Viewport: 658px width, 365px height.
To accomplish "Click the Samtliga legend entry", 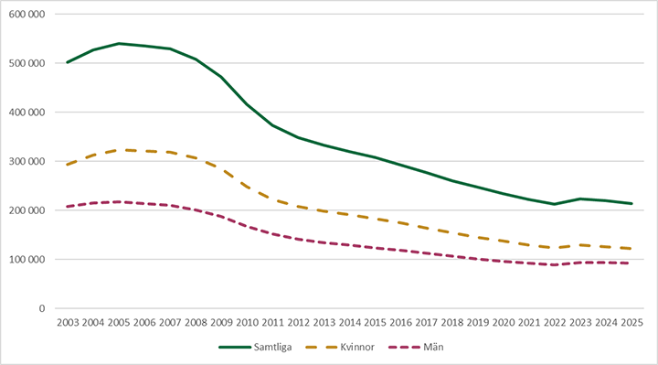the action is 255,348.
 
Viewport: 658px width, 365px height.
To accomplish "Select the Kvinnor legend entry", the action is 340,348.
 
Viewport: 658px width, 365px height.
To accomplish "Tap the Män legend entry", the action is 416,348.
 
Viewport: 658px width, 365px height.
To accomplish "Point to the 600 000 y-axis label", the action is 27,15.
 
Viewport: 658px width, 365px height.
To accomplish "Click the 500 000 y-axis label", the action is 27,63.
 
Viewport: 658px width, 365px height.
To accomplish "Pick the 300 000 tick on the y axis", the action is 27,161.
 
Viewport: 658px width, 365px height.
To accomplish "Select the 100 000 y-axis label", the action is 27,260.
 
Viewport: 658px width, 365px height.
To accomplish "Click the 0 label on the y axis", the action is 42,308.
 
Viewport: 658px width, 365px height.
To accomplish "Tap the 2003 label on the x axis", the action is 68,323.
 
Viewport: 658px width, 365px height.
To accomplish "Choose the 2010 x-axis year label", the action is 247,323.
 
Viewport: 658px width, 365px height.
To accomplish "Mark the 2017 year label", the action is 427,323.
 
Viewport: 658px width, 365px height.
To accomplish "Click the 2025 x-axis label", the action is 631,323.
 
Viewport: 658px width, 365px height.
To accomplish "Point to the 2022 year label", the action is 555,323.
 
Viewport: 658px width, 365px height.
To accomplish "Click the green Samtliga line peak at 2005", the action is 119,43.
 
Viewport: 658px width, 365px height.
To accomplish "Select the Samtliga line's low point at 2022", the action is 555,204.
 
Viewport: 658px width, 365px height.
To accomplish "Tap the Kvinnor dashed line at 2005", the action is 119,150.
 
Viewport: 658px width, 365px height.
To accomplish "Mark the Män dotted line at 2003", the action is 68,207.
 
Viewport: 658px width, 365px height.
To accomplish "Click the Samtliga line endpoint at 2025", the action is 631,203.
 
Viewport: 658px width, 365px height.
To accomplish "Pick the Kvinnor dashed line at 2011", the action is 272,199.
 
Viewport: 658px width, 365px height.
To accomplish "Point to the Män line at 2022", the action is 555,265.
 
